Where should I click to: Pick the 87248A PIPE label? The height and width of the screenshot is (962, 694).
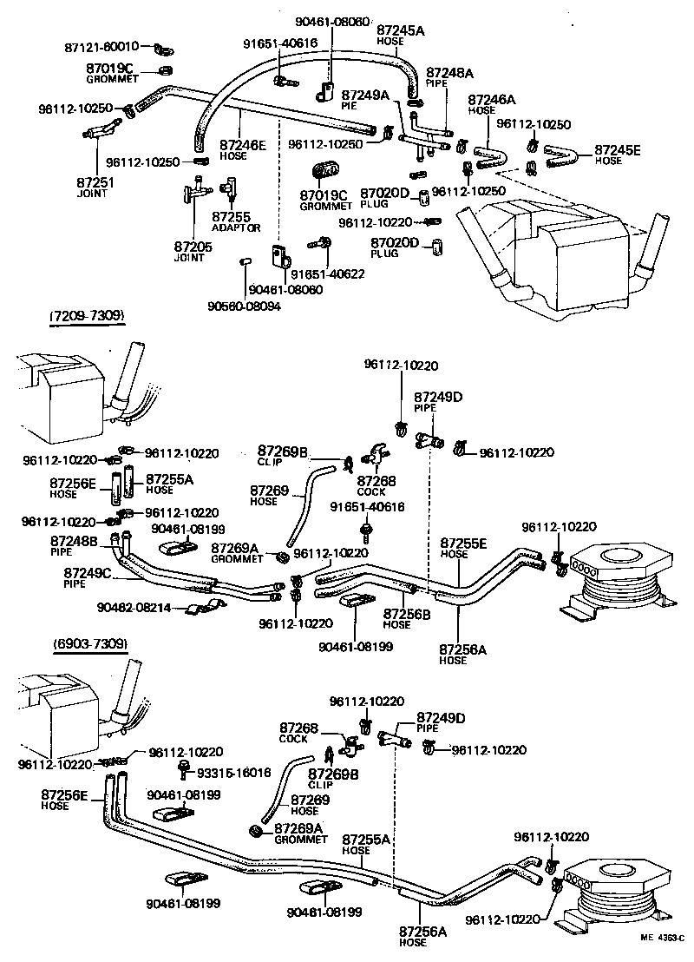449,78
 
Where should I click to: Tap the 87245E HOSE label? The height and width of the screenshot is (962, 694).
617,155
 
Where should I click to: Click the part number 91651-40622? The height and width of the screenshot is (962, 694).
327,274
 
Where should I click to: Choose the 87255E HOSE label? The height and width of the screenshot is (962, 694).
463,548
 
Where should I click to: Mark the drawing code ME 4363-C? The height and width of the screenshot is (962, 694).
663,938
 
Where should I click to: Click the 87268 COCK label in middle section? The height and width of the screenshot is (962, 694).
372,485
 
